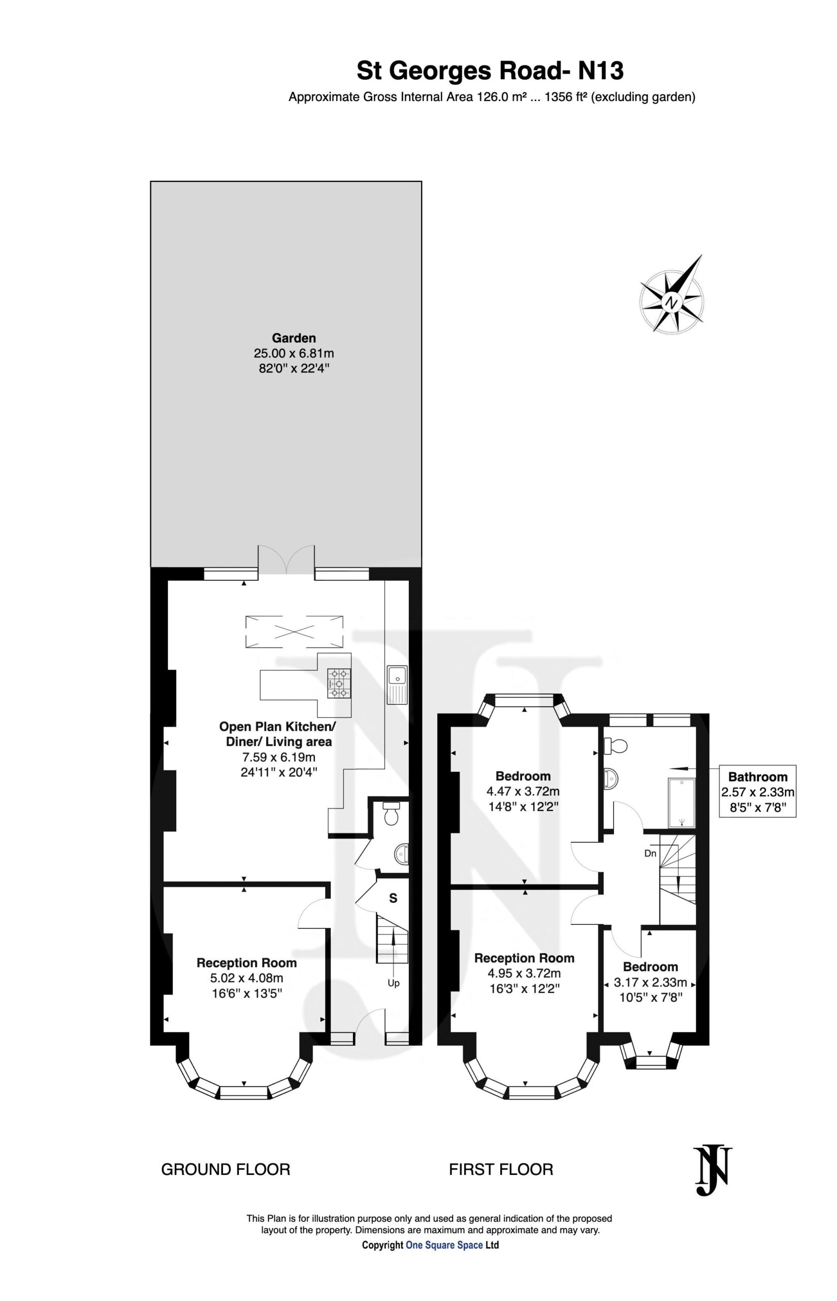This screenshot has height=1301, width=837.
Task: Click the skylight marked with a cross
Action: coord(294,631)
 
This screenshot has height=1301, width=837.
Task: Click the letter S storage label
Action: coord(393,898)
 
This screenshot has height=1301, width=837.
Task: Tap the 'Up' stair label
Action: coord(394,983)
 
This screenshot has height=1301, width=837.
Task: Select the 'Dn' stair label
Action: coord(651,854)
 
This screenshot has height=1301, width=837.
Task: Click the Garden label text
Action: coord(294,337)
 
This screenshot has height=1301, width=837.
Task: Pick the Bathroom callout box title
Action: coord(758,777)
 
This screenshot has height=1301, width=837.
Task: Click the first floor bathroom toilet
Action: coord(615,746)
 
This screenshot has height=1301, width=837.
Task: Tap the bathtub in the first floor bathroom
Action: coord(681,802)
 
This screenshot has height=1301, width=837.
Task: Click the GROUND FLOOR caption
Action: coord(226,1169)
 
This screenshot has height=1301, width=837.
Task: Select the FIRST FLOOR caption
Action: coord(501,1169)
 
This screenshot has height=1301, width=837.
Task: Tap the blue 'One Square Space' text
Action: coord(444,1241)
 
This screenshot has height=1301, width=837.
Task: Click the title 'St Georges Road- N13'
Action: coord(490,71)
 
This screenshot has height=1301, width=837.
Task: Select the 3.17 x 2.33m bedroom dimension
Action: coord(650,982)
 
